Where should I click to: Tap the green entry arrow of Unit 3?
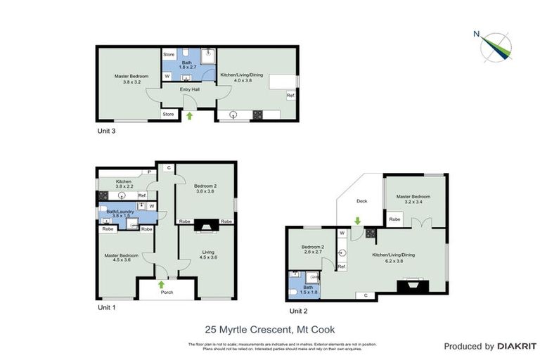coord(188,115)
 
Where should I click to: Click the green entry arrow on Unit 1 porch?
coord(162,285)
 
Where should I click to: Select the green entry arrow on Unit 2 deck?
coord(358,221)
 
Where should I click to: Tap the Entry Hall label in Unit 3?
coord(188,89)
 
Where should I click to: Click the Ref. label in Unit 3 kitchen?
coord(290,95)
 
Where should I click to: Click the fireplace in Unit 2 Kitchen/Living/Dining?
coord(411,285)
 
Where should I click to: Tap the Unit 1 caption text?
coord(105,307)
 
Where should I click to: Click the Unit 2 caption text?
coord(298,310)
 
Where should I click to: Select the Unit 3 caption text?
coord(105,131)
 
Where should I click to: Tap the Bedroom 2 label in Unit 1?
coord(205,188)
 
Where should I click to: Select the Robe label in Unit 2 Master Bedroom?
coord(395,219)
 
